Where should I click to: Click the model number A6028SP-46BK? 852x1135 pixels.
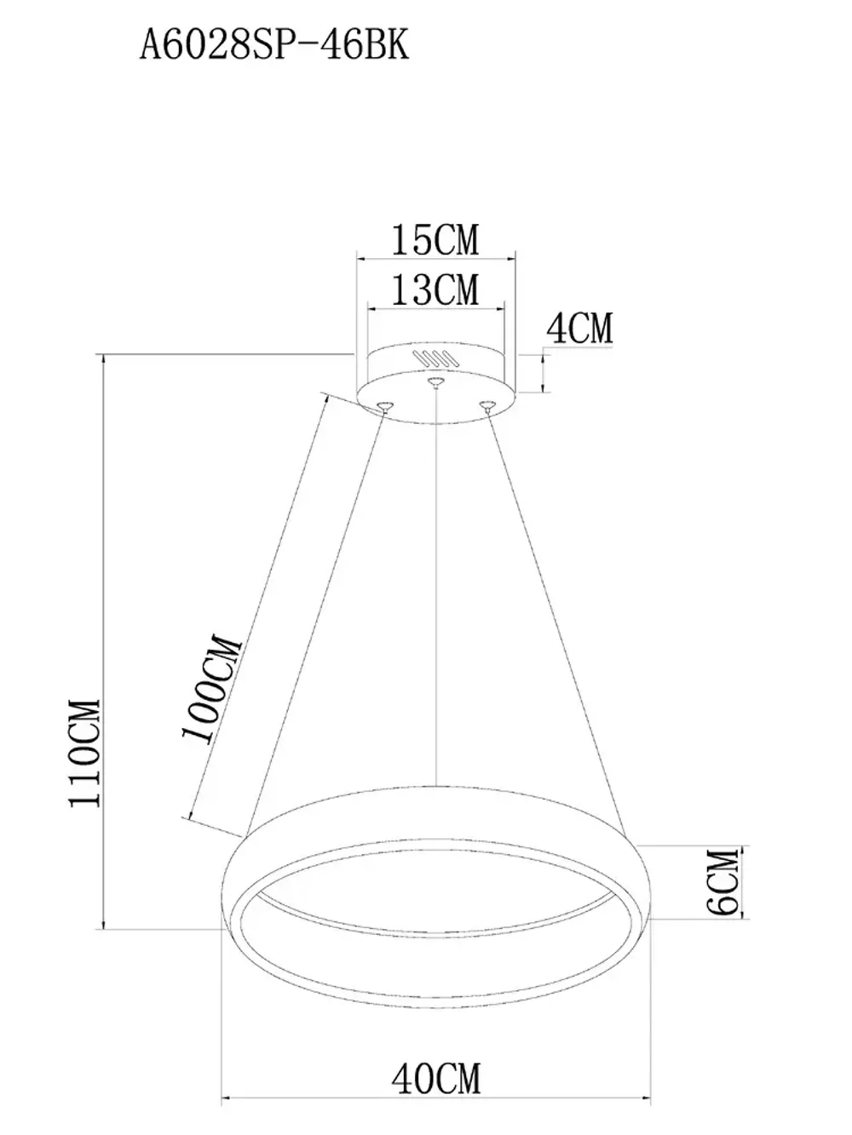(274, 44)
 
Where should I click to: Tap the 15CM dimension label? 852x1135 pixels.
(435, 240)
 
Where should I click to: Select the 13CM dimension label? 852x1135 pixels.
(435, 289)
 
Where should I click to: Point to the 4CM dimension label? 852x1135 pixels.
(579, 329)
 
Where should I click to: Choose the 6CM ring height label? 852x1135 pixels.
(722, 881)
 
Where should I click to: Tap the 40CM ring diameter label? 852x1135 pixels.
(436, 1079)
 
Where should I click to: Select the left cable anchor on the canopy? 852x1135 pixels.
(385, 405)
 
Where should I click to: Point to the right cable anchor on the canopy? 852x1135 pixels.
(486, 405)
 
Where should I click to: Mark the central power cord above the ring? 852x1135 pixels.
(436, 596)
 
